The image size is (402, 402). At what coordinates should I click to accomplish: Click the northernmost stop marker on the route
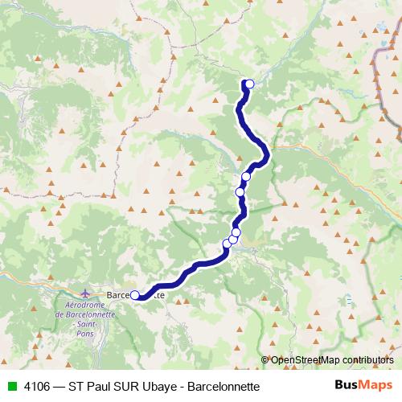[x=249, y=84]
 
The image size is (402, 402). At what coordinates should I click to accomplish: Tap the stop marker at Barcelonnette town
[x=135, y=294]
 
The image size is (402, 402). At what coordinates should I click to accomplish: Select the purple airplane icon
[x=87, y=294]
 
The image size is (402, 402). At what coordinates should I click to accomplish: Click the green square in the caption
[x=10, y=387]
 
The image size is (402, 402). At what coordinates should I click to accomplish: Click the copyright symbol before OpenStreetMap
[x=265, y=360]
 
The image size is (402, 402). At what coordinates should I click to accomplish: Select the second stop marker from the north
[x=246, y=177]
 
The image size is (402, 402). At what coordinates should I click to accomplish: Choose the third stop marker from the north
[x=240, y=191]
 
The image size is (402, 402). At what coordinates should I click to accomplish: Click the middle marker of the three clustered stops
[x=232, y=239]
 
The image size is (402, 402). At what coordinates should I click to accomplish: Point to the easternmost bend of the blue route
[x=266, y=150]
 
